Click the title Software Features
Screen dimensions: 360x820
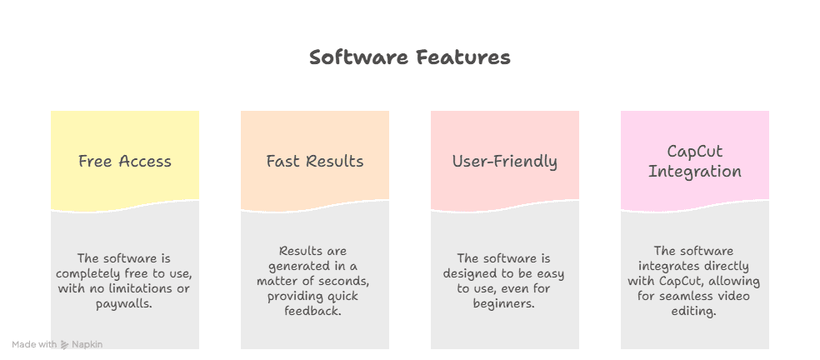[409, 57]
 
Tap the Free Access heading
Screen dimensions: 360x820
[125, 162]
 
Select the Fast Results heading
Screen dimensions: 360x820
[315, 162]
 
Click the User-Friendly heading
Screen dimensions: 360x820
[505, 162]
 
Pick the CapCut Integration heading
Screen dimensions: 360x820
[695, 162]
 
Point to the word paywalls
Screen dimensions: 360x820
[125, 304]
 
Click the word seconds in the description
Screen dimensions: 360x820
[337, 281]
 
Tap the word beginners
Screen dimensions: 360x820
[504, 304]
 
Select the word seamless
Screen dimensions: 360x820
[681, 296]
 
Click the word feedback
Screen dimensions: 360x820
[315, 311]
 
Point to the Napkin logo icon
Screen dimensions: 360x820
[65, 344]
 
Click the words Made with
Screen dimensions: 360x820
[34, 344]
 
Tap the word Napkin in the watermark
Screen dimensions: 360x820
[87, 344]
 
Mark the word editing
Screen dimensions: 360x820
[695, 311]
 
